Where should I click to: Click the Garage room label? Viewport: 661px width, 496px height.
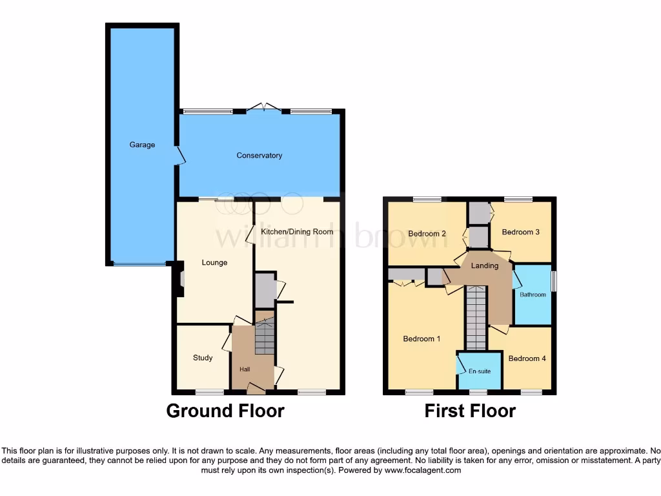pos(142,145)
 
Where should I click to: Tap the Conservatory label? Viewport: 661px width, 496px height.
pos(259,156)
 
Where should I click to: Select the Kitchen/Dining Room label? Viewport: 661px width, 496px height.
pos(297,231)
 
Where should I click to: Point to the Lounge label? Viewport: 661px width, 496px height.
pos(214,263)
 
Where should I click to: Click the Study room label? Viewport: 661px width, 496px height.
pos(203,358)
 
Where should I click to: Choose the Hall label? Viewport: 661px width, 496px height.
pos(245,369)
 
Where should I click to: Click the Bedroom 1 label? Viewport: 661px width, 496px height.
pos(422,338)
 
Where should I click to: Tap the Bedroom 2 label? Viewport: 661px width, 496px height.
pos(427,234)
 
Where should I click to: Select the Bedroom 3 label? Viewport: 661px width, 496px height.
pos(520,232)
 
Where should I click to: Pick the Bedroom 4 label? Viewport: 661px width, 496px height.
pos(527,358)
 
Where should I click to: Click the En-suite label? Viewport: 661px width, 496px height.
pos(480,371)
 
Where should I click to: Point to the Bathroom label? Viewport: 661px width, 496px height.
pos(533,295)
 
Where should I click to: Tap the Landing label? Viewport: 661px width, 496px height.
pos(485,265)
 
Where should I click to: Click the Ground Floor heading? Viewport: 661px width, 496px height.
pos(225,411)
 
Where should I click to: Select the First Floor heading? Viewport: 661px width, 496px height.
pos(470,411)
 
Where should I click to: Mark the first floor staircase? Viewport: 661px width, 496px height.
pos(476,318)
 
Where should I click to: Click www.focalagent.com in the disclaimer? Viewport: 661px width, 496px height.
pos(423,471)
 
